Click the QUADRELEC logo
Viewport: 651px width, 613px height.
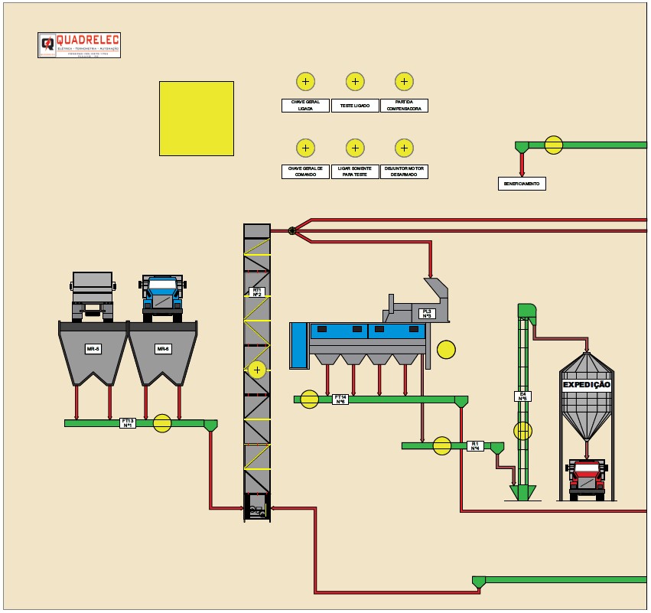point(79,44)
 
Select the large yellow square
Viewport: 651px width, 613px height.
point(197,119)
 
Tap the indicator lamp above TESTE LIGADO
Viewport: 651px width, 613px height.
point(355,82)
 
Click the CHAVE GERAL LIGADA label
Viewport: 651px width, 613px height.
point(305,106)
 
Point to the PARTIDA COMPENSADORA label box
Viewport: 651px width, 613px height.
point(404,106)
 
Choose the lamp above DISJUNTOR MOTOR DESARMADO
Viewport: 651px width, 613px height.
point(404,148)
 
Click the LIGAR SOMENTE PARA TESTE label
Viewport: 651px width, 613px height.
point(355,171)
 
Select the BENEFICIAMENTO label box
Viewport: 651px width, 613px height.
point(522,184)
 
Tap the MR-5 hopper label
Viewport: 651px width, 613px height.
point(93,349)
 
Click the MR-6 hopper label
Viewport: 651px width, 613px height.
point(163,349)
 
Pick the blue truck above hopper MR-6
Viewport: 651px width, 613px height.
point(162,296)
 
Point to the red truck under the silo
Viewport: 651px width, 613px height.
point(587,480)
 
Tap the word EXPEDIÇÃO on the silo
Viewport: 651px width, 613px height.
point(587,385)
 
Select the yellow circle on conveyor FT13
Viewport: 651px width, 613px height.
point(162,423)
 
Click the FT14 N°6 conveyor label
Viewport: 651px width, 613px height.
point(340,399)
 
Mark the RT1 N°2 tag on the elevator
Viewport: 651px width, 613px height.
point(257,292)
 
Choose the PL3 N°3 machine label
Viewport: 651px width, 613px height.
point(427,314)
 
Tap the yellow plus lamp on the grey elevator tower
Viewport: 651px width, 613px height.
point(258,370)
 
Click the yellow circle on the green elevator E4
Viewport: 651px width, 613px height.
point(522,431)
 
